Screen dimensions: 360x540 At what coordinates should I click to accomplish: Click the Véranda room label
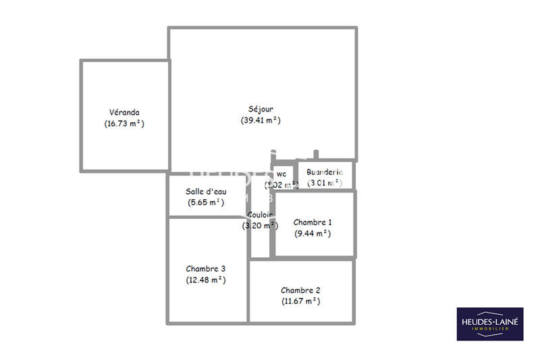124,112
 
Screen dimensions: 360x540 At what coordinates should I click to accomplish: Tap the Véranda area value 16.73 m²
124,124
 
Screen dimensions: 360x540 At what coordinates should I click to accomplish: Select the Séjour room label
261,109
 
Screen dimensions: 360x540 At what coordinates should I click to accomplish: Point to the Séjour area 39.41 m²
261,120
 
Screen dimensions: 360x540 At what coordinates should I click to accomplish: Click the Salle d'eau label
206,191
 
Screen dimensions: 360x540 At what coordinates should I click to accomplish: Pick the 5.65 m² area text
206,202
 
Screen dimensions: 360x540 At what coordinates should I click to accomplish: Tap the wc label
281,173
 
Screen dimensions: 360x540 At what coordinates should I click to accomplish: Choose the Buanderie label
325,172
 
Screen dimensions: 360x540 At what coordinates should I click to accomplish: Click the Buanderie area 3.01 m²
325,182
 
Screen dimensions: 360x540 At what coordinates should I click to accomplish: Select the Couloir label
260,215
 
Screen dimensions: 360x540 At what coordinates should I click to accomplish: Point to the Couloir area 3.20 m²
260,226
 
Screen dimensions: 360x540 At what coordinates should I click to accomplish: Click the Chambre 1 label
313,222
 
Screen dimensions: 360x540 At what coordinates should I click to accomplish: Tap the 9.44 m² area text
313,233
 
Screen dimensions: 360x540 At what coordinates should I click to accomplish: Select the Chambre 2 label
300,290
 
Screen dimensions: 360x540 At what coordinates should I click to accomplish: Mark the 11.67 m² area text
300,301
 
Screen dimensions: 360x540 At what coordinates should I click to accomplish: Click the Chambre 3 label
206,268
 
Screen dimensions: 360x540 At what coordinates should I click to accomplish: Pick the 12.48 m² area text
206,280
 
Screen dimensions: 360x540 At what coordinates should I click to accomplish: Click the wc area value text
281,184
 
